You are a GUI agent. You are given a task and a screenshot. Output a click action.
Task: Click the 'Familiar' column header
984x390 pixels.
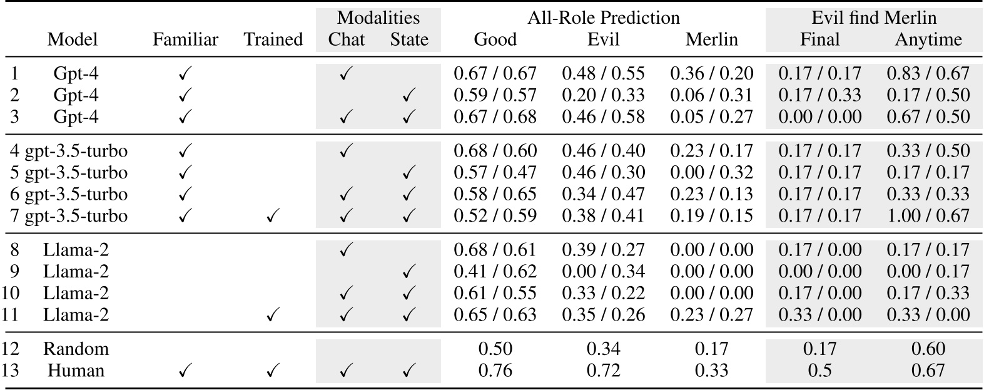185,40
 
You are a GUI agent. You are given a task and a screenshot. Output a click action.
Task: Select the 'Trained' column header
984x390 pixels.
273,40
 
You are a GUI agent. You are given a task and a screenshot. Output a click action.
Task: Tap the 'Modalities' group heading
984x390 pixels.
378,18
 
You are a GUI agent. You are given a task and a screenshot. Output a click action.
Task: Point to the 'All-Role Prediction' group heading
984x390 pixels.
603,18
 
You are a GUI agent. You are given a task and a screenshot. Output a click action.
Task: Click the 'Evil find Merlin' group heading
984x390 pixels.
873,18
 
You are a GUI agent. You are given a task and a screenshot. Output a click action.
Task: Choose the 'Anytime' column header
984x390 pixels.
928,40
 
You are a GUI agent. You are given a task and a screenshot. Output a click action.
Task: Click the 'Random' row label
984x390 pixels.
76,349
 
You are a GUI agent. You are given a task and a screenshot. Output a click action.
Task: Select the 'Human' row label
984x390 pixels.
76,371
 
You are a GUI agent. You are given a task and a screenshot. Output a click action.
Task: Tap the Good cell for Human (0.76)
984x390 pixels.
495,371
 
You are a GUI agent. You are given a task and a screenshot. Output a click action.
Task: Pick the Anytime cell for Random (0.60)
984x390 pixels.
928,349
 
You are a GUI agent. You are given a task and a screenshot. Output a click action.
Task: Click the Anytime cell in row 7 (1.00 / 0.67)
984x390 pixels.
928,216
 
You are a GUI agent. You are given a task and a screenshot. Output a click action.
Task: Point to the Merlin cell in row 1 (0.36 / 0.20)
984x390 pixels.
711,74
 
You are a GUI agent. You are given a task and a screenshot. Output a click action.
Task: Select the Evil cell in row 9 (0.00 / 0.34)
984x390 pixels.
603,272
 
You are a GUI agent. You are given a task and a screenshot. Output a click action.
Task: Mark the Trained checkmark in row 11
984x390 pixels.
273,315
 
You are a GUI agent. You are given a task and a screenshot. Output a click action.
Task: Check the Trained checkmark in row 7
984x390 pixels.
273,217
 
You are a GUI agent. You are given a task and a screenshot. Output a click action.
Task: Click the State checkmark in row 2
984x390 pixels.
409,96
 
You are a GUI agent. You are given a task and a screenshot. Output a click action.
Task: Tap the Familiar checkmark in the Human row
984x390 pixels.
185,371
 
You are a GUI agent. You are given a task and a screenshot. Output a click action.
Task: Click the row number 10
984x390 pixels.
11,293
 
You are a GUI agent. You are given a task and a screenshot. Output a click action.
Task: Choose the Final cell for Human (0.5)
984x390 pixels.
819,371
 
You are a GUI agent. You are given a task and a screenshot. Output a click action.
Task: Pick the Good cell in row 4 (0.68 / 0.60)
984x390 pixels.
495,151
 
